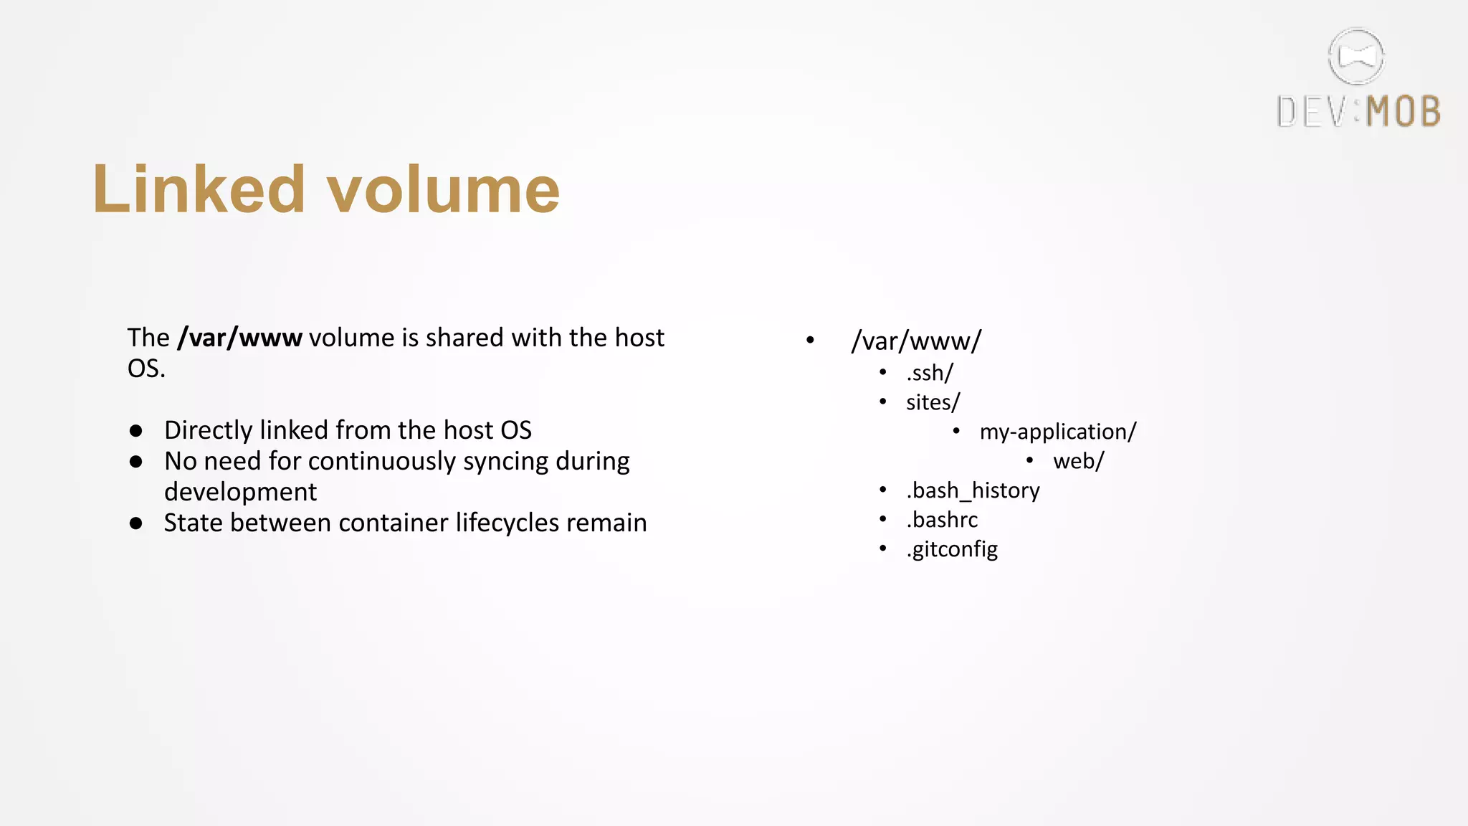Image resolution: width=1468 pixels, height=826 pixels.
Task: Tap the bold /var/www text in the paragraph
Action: coord(240,338)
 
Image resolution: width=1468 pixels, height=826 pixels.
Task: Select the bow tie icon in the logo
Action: coord(1356,57)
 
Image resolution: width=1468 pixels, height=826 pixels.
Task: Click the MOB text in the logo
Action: coord(1403,112)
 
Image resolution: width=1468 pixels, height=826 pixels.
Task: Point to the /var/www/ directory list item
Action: coord(916,341)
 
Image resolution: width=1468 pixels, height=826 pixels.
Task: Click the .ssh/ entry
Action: coord(930,373)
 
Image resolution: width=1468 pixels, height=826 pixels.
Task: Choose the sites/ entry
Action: coord(933,402)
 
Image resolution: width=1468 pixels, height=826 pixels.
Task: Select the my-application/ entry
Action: coord(1058,432)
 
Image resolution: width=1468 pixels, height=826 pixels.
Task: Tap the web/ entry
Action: coord(1079,461)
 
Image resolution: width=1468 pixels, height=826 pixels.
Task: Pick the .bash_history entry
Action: coord(973,490)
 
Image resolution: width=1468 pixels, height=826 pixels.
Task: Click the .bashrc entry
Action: coord(942,520)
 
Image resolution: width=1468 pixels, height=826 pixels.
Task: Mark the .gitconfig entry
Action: coord(952,549)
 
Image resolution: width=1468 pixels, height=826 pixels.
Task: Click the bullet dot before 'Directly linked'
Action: coord(136,431)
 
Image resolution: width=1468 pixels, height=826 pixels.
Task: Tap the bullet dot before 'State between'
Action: coord(136,523)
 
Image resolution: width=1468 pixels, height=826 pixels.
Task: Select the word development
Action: coord(240,493)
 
